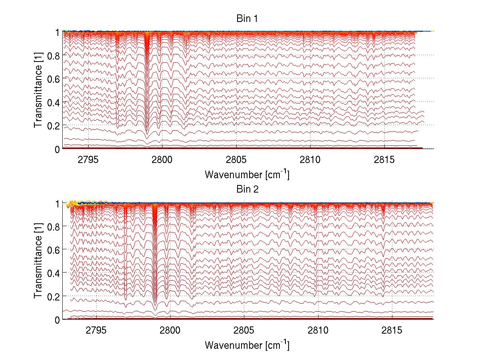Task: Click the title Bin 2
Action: pyautogui.click(x=247, y=189)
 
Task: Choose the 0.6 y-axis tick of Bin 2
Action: pyautogui.click(x=53, y=249)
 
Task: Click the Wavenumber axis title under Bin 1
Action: pyautogui.click(x=247, y=174)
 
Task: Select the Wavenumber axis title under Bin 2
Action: pyautogui.click(x=247, y=345)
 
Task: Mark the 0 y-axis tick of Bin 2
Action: pyautogui.click(x=57, y=320)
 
